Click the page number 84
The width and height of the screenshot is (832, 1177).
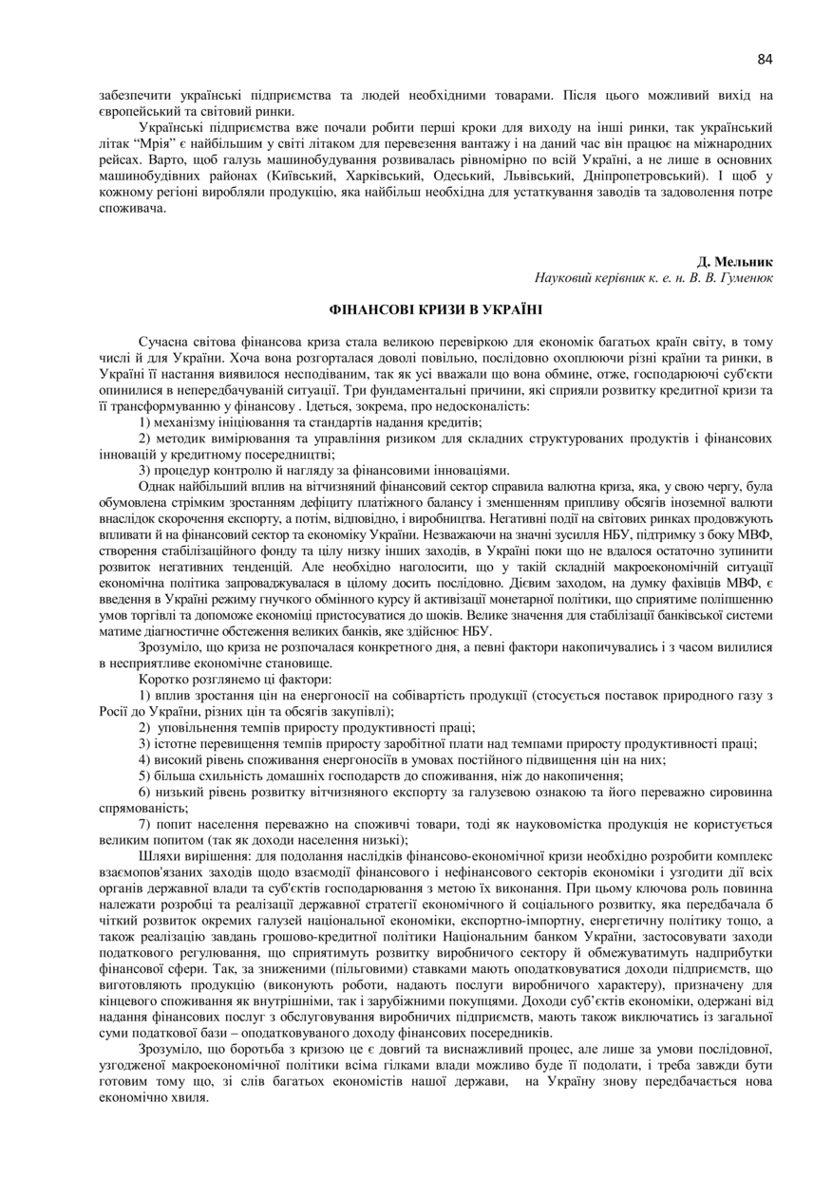click(x=766, y=59)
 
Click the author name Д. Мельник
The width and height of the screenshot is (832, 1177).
click(x=735, y=261)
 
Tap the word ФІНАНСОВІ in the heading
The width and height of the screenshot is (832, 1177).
click(x=370, y=309)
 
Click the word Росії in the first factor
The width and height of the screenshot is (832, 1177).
click(x=114, y=711)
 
